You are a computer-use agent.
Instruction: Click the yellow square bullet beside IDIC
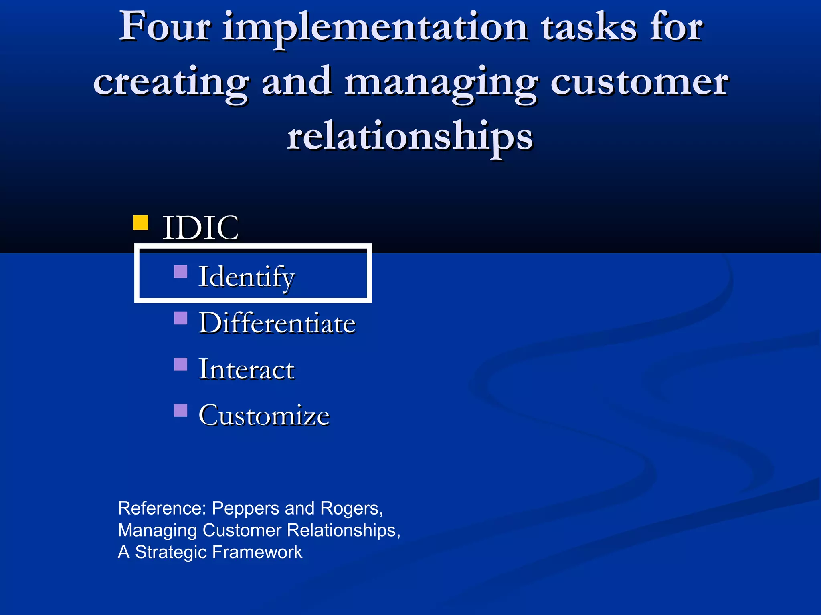pos(141,223)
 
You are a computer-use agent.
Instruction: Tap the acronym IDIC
pos(200,227)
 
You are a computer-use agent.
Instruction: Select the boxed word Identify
pos(247,277)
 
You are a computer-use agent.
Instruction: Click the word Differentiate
pos(277,323)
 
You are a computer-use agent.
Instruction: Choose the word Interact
pos(247,369)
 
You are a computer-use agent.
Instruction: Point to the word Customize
pos(264,415)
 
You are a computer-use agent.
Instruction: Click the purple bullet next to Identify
pos(181,272)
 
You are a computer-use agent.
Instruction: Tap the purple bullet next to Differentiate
pos(181,318)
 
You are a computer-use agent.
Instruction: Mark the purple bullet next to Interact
pos(181,364)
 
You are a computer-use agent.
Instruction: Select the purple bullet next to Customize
pos(181,410)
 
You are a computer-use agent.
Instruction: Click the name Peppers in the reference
pos(246,508)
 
